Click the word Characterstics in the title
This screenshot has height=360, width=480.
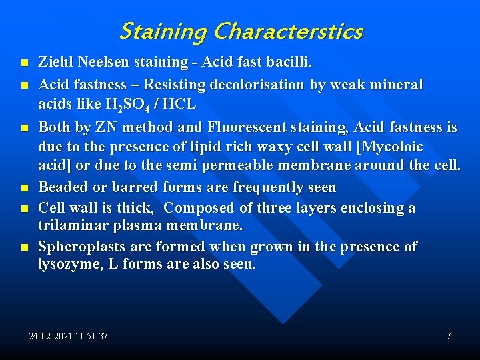tap(289, 31)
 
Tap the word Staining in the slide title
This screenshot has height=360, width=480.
tap(163, 31)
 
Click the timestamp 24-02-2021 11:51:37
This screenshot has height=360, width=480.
tap(68, 337)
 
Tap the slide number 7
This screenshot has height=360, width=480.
tap(449, 337)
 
